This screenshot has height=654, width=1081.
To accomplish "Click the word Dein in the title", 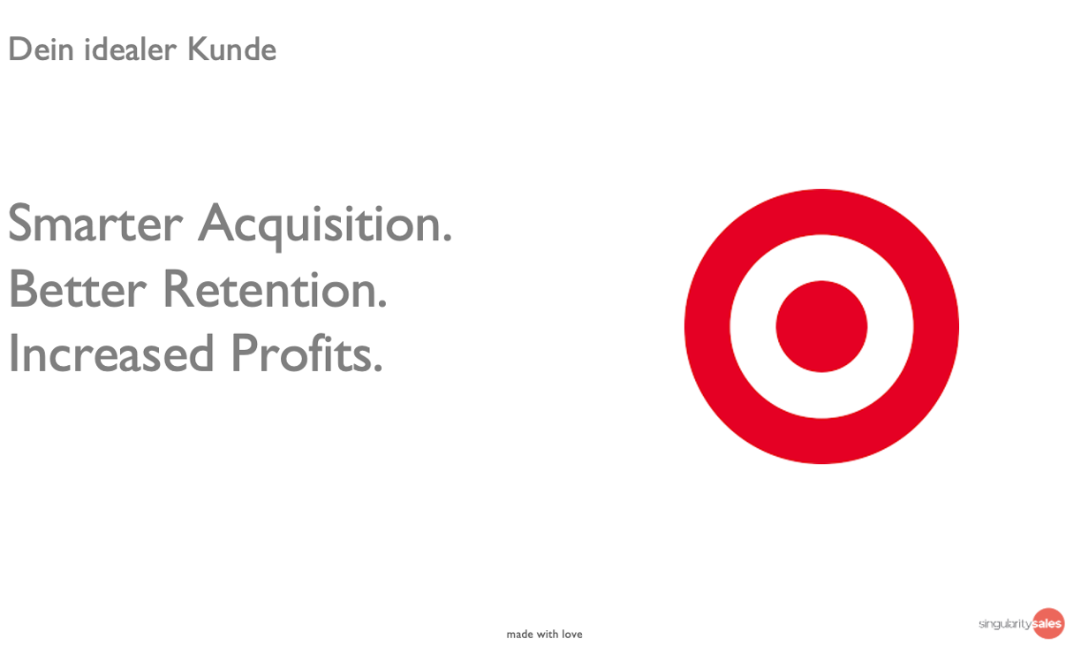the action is [41, 49].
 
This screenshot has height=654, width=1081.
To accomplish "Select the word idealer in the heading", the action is [130, 49].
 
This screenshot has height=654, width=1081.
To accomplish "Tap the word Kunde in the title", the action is [231, 49].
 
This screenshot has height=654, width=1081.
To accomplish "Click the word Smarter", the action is [95, 223].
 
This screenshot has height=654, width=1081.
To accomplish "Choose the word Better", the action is [78, 289].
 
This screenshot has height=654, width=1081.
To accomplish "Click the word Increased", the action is [111, 354].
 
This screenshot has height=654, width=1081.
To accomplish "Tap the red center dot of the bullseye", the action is [821, 326].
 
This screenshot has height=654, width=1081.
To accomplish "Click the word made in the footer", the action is [519, 635].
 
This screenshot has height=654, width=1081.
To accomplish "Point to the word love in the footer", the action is [572, 635].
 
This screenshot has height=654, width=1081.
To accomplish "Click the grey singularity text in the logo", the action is [1005, 624].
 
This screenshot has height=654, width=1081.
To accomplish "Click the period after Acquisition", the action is [448, 238].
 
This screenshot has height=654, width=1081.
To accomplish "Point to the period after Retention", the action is [382, 303].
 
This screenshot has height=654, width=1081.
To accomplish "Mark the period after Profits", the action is [378, 368].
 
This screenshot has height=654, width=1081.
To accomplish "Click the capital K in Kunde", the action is [197, 49].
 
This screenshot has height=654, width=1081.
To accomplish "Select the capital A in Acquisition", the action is [215, 222].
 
